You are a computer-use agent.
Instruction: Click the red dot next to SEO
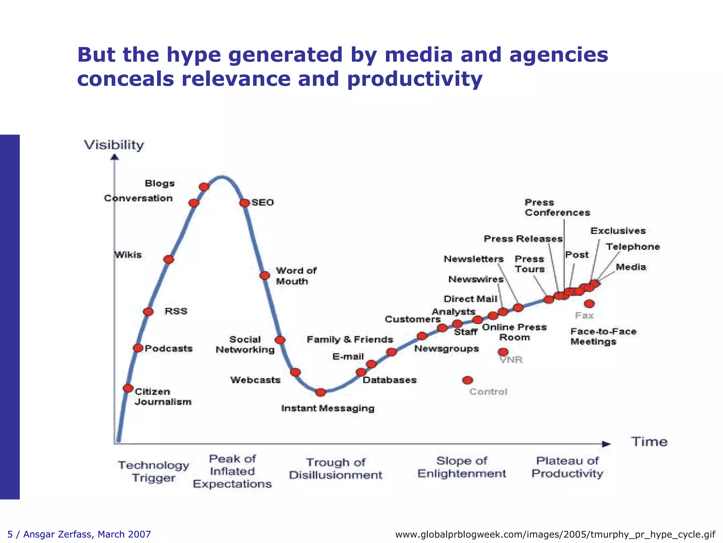pyautogui.click(x=244, y=203)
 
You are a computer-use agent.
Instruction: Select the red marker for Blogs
pyautogui.click(x=204, y=187)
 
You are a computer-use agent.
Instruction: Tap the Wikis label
pyautogui.click(x=128, y=255)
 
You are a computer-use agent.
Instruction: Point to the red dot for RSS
pyautogui.click(x=148, y=311)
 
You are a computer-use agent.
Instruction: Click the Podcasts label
pyautogui.click(x=169, y=349)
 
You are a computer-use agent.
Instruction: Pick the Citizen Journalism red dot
pyautogui.click(x=128, y=388)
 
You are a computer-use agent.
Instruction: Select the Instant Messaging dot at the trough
pyautogui.click(x=321, y=392)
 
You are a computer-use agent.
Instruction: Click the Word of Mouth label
pyautogui.click(x=296, y=276)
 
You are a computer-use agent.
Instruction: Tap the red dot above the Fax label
pyautogui.click(x=589, y=304)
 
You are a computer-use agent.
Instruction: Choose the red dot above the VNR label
pyautogui.click(x=503, y=352)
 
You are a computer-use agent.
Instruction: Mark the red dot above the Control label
pyautogui.click(x=467, y=380)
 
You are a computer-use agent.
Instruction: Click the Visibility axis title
pyautogui.click(x=114, y=145)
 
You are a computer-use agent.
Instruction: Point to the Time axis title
pyautogui.click(x=649, y=442)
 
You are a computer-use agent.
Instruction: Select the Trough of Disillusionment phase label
pyautogui.click(x=335, y=468)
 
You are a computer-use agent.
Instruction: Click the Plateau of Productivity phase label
pyautogui.click(x=567, y=467)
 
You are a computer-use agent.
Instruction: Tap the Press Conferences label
pyautogui.click(x=557, y=208)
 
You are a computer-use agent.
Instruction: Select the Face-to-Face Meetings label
pyautogui.click(x=603, y=337)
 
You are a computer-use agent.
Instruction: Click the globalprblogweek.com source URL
pyautogui.click(x=555, y=534)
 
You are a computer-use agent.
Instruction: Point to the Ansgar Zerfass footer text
pyautogui.click(x=79, y=534)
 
